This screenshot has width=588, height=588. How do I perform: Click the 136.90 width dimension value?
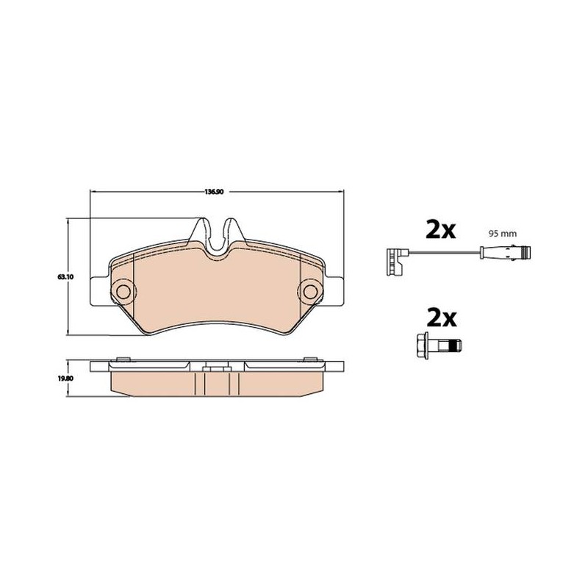pyautogui.click(x=214, y=192)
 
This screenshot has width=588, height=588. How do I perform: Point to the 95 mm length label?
pyautogui.click(x=502, y=234)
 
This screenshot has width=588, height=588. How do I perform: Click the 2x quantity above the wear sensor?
pyautogui.click(x=441, y=230)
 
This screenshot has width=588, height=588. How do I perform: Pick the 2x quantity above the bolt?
pyautogui.click(x=442, y=318)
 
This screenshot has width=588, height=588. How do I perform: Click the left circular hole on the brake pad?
pyautogui.click(x=123, y=290)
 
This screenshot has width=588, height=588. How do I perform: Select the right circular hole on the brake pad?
pyautogui.click(x=310, y=290)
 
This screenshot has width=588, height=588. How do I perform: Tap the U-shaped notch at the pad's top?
pyautogui.click(x=217, y=237)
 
